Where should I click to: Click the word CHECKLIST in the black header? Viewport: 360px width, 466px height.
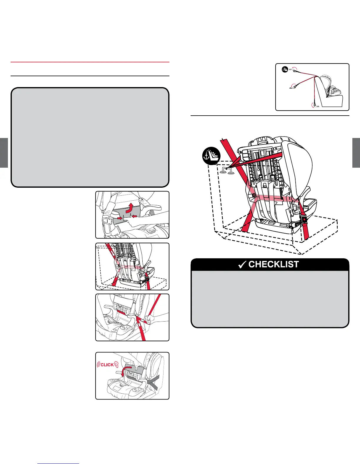[x=274, y=264]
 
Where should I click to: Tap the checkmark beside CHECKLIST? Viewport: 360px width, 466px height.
[x=242, y=265]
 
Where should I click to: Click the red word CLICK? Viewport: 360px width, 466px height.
[x=107, y=365]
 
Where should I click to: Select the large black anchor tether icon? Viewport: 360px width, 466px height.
[x=211, y=156]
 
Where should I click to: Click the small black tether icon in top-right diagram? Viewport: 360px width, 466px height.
[x=284, y=70]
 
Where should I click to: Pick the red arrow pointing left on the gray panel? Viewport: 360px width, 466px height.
[x=134, y=217]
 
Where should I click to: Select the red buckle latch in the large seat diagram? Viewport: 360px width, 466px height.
[x=304, y=219]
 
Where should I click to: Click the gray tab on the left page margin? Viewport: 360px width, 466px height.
[x=4, y=153]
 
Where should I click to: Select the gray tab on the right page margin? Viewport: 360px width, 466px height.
[x=356, y=153]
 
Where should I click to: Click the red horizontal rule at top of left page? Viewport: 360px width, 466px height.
[x=90, y=62]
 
